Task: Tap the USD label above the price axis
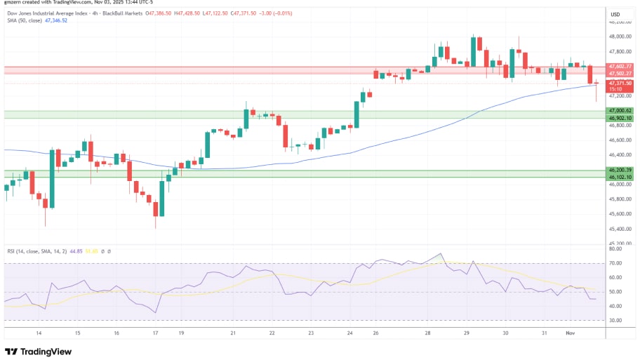(x=615, y=14)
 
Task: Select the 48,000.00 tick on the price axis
(x=621, y=36)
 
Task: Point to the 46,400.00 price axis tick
(x=621, y=155)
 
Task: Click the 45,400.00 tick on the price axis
(x=621, y=229)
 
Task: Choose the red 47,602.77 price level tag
(x=621, y=66)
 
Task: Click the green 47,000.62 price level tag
(x=621, y=110)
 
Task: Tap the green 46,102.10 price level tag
(x=621, y=177)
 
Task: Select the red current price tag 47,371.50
(x=621, y=83)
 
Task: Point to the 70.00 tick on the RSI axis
(x=615, y=263)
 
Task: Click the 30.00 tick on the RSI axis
(x=615, y=321)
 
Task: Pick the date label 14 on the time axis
(x=39, y=333)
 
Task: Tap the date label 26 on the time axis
(x=375, y=333)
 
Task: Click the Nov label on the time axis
(x=570, y=333)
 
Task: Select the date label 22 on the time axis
(x=272, y=333)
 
